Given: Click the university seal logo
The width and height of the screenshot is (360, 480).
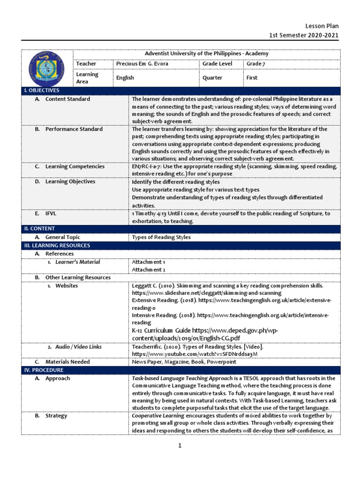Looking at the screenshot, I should click(47, 67).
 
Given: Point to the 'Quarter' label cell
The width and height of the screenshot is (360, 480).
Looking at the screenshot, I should click(212, 78).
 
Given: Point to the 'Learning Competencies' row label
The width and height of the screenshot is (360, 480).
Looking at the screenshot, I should click(75, 166).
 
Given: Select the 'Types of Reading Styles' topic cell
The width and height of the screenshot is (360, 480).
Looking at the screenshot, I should click(161, 237).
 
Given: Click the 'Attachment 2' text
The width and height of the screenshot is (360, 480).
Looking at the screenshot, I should click(149, 270).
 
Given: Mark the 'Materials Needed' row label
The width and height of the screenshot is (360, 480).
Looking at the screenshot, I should click(67, 362).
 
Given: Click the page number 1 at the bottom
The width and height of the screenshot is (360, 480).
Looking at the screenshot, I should click(180, 446).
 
